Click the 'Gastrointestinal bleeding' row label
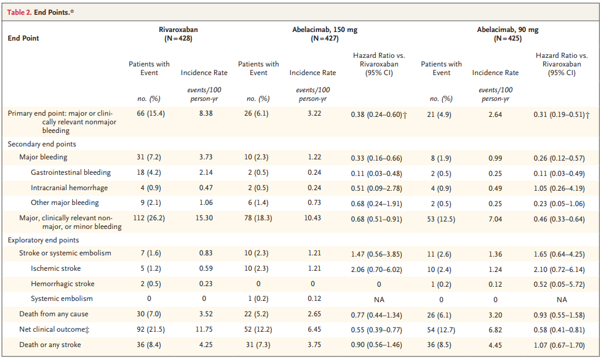(x=71, y=172)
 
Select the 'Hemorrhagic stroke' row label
(x=63, y=284)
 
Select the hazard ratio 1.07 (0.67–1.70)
(x=561, y=345)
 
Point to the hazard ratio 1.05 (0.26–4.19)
(x=561, y=188)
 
